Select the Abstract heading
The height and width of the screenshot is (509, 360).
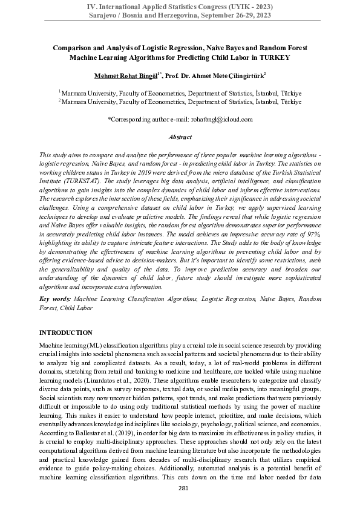pyautogui.click(x=180, y=137)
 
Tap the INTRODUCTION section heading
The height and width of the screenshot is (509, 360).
pyautogui.click(x=66, y=332)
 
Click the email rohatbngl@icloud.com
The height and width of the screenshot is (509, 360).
pyautogui.click(x=223, y=119)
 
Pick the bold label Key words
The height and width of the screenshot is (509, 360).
pyautogui.click(x=57, y=299)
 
